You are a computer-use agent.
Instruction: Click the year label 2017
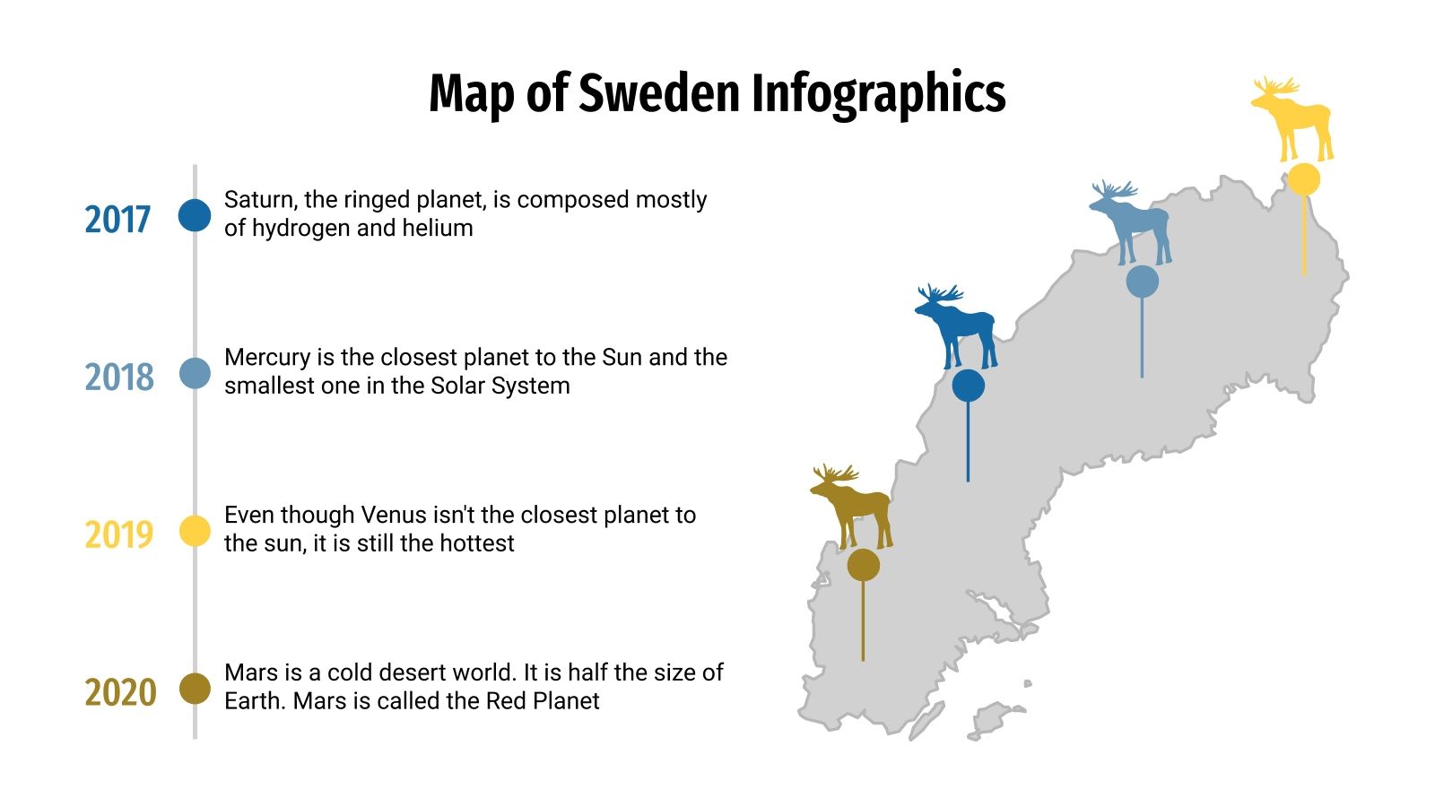(117, 220)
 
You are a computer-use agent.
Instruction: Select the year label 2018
(119, 377)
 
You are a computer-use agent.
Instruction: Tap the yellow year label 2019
(119, 535)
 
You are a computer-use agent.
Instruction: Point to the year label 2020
(120, 693)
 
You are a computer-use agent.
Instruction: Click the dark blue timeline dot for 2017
(195, 215)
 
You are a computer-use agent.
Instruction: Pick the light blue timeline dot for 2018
(195, 373)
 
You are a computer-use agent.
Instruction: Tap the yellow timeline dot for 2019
(195, 531)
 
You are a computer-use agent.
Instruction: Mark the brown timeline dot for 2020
(195, 689)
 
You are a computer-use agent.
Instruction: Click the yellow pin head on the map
(1304, 179)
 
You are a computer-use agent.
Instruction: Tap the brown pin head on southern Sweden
(863, 565)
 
